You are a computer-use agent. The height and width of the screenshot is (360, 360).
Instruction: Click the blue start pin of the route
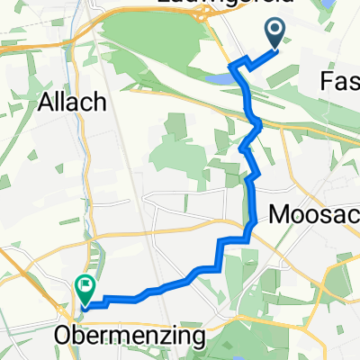pyautogui.click(x=276, y=35)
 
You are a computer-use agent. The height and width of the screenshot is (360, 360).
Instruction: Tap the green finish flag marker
pyautogui.click(x=85, y=289)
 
